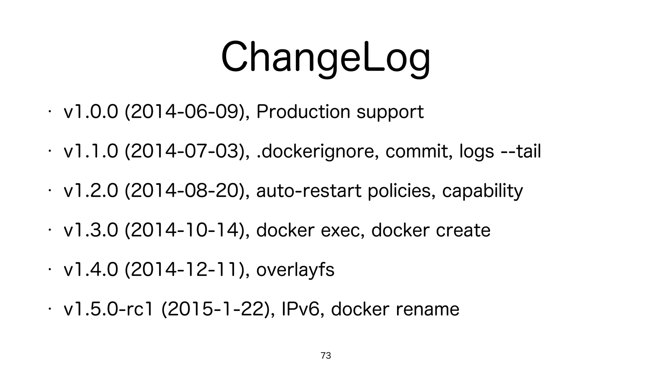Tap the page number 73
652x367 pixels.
326,356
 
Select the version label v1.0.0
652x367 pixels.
91,112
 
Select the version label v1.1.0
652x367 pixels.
91,151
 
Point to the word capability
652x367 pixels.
482,191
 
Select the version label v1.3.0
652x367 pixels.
91,230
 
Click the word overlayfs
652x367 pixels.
295,270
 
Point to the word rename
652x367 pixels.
427,309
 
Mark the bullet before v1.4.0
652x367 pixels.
50,270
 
